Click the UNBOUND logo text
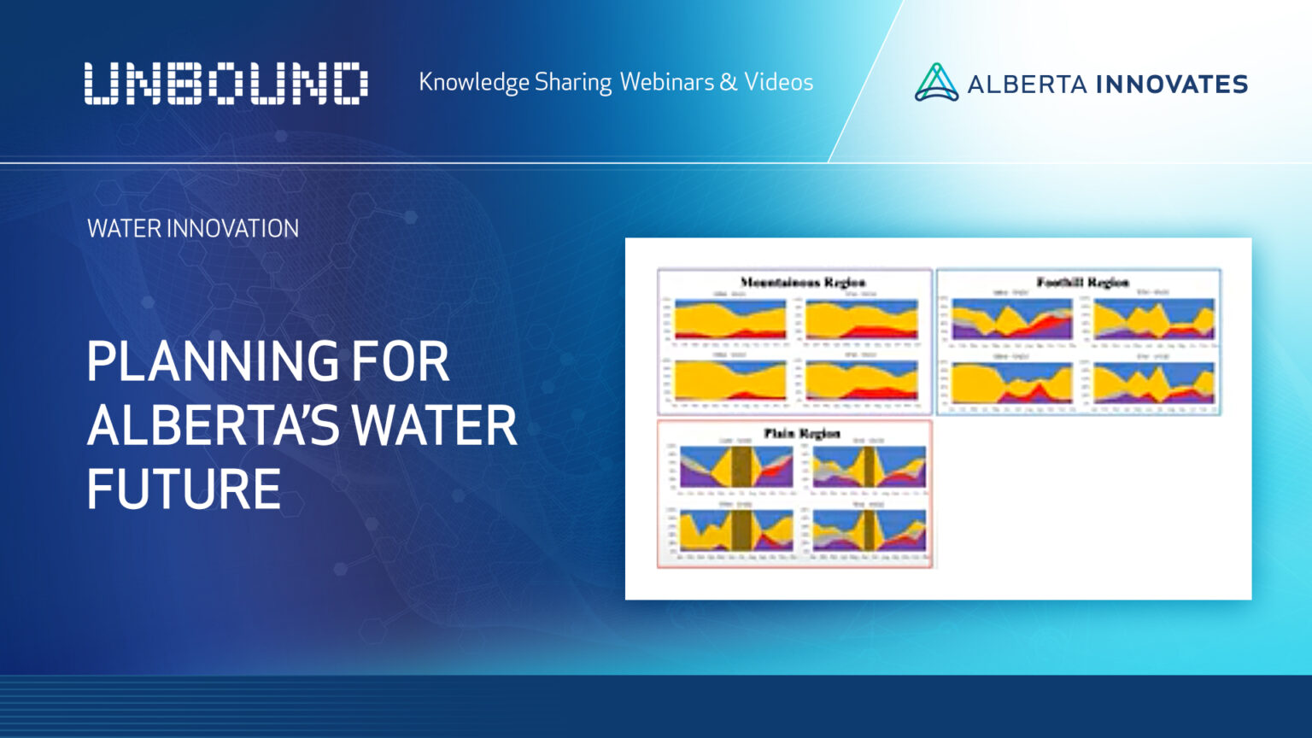(x=226, y=84)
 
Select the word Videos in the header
(x=778, y=82)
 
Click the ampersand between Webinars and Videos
(x=728, y=82)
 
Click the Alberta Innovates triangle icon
(x=936, y=83)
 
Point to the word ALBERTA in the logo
(x=1027, y=85)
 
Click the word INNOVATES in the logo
(x=1171, y=85)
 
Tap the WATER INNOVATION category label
(x=193, y=229)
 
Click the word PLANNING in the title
(x=213, y=362)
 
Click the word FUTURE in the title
(x=184, y=489)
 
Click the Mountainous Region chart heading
(x=802, y=282)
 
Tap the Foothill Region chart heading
(x=1082, y=282)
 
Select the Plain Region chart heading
(x=801, y=433)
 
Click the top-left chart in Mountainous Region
(x=729, y=319)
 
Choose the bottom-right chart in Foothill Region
(x=1153, y=383)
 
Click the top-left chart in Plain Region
(x=735, y=466)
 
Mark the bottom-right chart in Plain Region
(x=869, y=530)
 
